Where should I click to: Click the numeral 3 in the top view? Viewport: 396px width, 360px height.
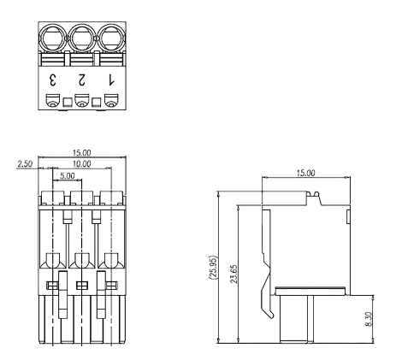tap(53, 80)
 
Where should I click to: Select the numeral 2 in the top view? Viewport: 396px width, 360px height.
tap(81, 80)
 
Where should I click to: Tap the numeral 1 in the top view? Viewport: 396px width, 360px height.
tap(109, 80)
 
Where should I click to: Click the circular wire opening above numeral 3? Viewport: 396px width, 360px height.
tap(53, 38)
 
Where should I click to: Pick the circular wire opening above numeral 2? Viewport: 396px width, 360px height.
tap(81, 38)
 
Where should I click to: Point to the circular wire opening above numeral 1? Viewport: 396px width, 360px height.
tap(109, 38)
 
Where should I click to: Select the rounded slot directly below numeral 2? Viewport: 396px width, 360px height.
tap(81, 103)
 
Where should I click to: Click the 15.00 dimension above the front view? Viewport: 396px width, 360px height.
tap(81, 154)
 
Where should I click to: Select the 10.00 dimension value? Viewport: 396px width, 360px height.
tap(80, 163)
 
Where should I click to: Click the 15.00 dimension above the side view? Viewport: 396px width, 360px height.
tap(304, 173)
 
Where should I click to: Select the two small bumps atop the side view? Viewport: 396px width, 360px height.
tap(315, 197)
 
